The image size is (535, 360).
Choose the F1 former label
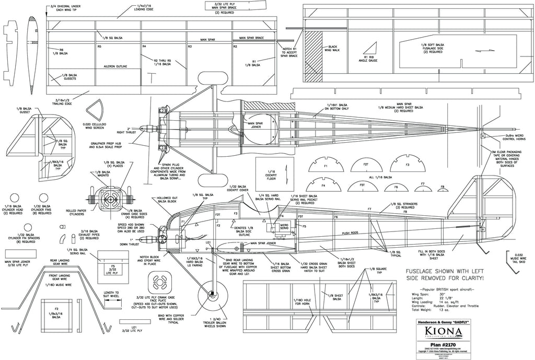click(x=325, y=166)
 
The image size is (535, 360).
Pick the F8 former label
click(x=443, y=187)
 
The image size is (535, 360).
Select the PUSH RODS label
click(x=352, y=233)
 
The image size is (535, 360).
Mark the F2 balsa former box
click(x=56, y=315)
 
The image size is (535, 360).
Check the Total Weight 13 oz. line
click(x=444, y=310)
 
